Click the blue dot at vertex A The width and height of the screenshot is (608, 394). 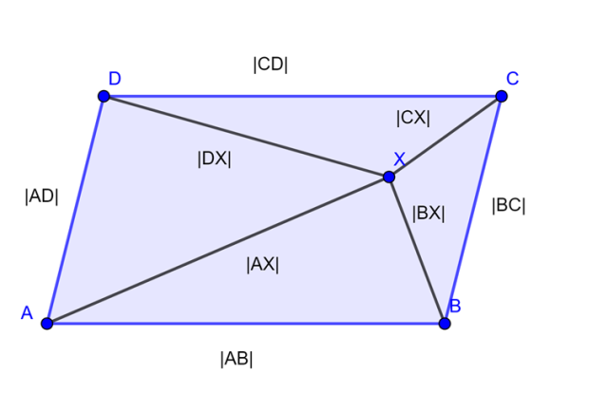pyautogui.click(x=47, y=323)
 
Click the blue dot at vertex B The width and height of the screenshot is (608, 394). pyautogui.click(x=445, y=323)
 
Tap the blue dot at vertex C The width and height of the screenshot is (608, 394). pyautogui.click(x=502, y=96)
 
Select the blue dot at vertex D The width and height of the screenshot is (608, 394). pyautogui.click(x=104, y=96)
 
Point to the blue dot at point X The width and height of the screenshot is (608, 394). pyautogui.click(x=389, y=177)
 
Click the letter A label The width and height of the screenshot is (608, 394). pyautogui.click(x=27, y=312)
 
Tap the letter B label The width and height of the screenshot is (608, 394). pyautogui.click(x=455, y=306)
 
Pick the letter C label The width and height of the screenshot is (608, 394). pyautogui.click(x=512, y=78)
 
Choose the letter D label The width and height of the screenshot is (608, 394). pyautogui.click(x=114, y=79)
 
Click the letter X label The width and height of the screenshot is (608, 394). pyautogui.click(x=399, y=159)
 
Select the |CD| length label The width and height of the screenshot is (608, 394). pyautogui.click(x=271, y=65)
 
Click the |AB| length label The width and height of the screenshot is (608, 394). pyautogui.click(x=237, y=359)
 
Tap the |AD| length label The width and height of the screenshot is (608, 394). pyautogui.click(x=42, y=197)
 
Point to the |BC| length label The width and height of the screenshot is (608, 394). pyautogui.click(x=508, y=204)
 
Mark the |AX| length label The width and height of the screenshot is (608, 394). pyautogui.click(x=263, y=265)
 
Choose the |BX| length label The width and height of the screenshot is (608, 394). pyautogui.click(x=428, y=214)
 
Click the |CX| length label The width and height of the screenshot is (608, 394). pyautogui.click(x=413, y=118)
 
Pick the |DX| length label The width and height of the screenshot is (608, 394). pyautogui.click(x=215, y=159)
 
